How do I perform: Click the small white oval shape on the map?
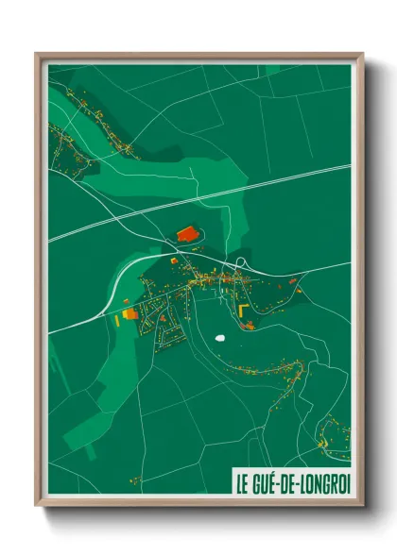point(221,337)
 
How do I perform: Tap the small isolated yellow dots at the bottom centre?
point(135,480)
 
